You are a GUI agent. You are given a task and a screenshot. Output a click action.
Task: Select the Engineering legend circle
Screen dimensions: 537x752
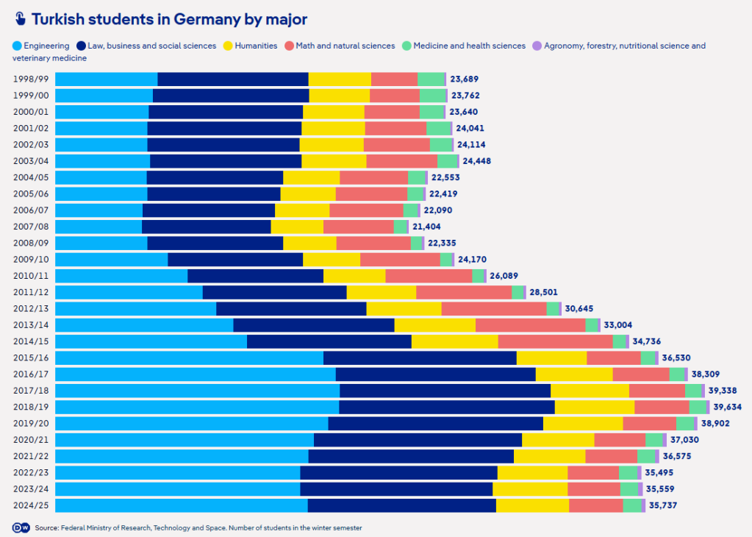point(17,46)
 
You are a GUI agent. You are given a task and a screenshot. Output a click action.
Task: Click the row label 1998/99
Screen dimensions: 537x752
point(31,79)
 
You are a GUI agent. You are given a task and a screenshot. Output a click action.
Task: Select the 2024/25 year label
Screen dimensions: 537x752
point(31,505)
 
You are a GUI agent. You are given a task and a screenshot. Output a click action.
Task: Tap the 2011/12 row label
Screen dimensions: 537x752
point(31,292)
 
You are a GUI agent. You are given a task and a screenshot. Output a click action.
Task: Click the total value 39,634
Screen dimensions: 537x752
point(728,407)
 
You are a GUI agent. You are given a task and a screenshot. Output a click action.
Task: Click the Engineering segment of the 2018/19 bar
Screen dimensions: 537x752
point(197,407)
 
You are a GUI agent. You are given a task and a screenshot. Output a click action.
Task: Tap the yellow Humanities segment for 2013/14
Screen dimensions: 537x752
point(434,325)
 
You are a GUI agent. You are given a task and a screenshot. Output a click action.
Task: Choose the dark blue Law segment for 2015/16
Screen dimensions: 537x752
point(420,358)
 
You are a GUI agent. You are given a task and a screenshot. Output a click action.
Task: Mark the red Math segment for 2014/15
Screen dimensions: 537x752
point(555,341)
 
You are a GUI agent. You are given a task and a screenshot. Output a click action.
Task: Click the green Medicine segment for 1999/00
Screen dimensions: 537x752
point(432,96)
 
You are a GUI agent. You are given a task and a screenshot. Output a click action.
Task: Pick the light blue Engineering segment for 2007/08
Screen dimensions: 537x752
point(99,227)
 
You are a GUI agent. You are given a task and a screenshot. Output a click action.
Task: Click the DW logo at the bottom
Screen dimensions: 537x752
point(20,527)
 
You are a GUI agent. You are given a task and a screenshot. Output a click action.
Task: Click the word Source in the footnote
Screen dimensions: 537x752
point(46,527)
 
